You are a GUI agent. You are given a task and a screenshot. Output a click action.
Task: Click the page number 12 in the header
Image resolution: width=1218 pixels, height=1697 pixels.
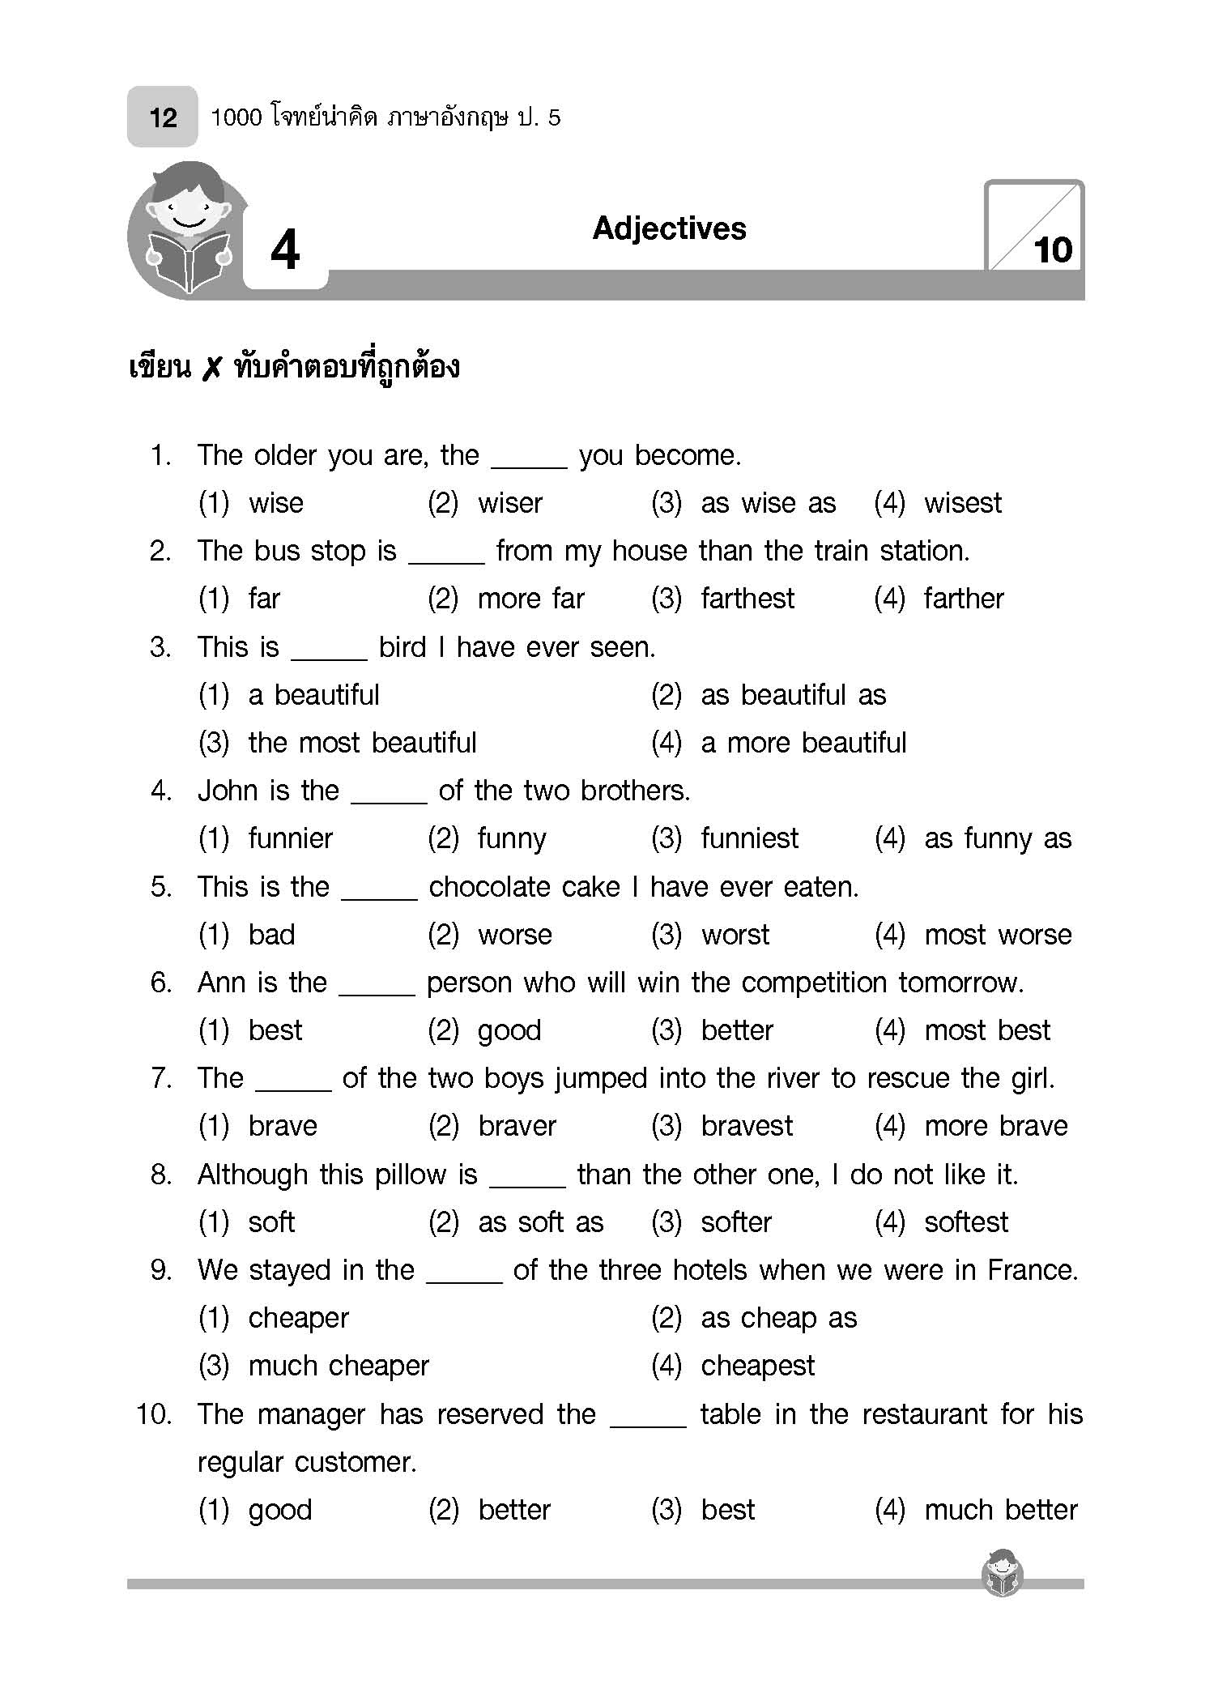[x=163, y=118]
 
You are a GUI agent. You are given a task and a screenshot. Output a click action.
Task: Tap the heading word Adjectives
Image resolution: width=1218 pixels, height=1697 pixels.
[x=669, y=228]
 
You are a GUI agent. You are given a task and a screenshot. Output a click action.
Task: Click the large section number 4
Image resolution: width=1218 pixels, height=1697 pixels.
[x=285, y=250]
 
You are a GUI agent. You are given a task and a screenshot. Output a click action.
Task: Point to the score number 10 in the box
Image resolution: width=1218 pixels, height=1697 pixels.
[x=1052, y=250]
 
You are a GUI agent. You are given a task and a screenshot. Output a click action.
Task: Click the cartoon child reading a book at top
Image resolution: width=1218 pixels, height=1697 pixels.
[x=188, y=228]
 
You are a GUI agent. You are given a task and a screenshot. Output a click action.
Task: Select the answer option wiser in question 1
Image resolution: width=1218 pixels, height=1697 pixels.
[x=509, y=503]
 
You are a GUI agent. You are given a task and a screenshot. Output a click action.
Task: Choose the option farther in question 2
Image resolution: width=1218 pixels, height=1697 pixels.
[x=963, y=599]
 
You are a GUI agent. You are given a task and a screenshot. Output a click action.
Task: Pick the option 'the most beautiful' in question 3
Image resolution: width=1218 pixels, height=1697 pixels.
[x=362, y=743]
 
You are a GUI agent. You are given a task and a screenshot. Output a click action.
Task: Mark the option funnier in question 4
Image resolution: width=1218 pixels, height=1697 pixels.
[x=290, y=838]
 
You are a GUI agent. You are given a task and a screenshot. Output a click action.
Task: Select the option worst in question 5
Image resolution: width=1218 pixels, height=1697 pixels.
[x=735, y=935]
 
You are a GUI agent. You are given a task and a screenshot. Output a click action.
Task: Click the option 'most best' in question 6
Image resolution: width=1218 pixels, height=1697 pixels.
[x=986, y=1030]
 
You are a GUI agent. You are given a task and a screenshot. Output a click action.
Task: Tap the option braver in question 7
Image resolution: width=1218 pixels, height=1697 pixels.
[x=517, y=1126]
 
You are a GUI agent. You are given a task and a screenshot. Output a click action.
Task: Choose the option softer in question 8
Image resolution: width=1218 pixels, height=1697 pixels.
[x=735, y=1222]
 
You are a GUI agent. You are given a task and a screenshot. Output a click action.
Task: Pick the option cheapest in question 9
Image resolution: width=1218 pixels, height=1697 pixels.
[x=757, y=1366]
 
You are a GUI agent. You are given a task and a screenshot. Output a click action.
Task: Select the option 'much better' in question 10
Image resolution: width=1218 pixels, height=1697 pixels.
[x=1000, y=1510]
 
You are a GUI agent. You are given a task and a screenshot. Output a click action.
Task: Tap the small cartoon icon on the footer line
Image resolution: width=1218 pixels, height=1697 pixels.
[x=1002, y=1573]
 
